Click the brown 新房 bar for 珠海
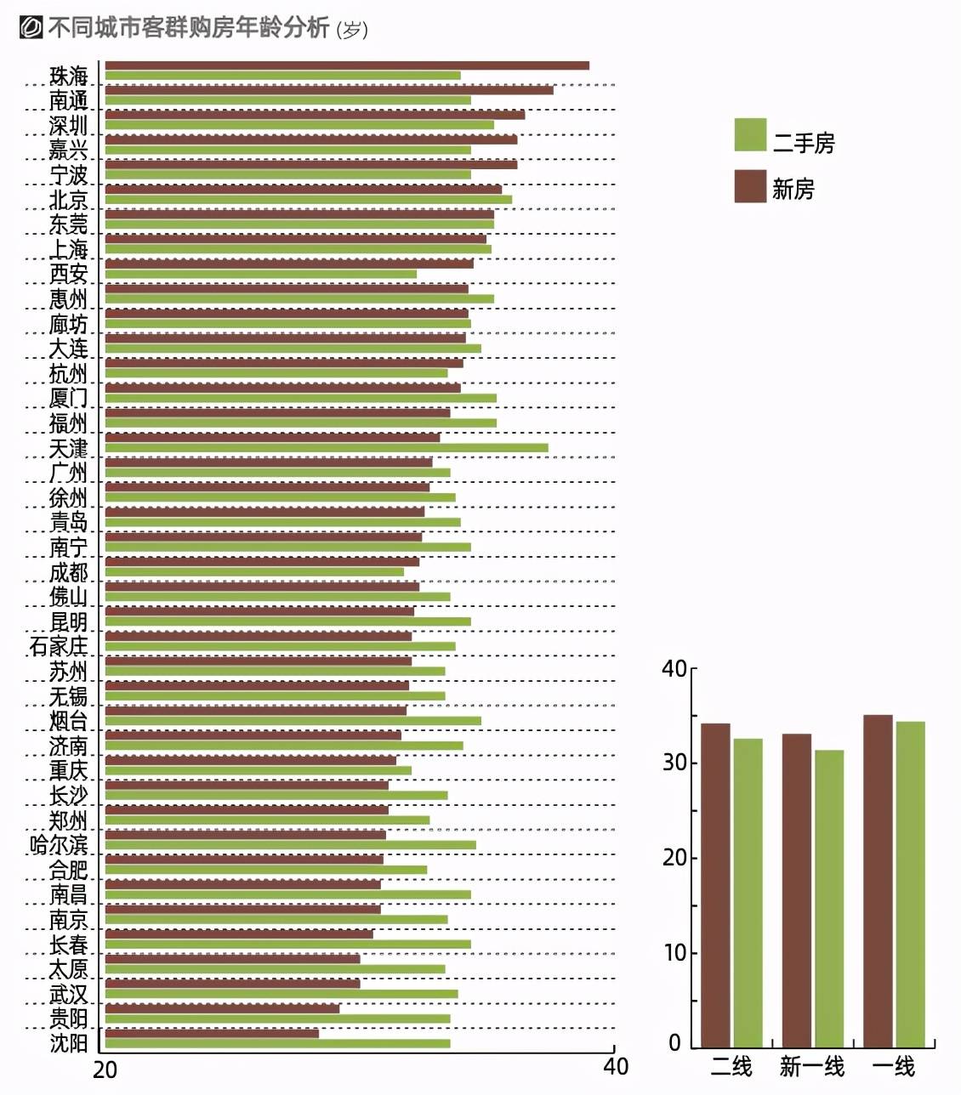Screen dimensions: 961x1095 click(x=347, y=66)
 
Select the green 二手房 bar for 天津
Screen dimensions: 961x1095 click(x=326, y=447)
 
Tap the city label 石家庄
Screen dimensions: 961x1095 click(x=59, y=646)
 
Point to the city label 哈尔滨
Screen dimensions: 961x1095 click(x=59, y=845)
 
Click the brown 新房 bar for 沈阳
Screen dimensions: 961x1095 click(x=212, y=1034)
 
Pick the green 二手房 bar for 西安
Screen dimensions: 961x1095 click(x=261, y=274)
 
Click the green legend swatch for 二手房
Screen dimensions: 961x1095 click(x=750, y=134)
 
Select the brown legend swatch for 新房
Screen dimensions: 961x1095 click(x=750, y=186)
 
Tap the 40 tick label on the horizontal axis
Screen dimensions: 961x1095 click(x=616, y=1066)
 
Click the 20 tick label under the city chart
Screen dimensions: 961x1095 click(x=105, y=1069)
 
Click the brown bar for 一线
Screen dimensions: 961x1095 click(x=878, y=881)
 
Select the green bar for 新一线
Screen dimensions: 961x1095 click(x=829, y=899)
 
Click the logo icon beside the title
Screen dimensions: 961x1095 click(x=31, y=27)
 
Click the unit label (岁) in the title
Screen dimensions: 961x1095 click(x=352, y=30)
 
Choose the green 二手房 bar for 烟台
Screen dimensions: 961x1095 click(x=293, y=720)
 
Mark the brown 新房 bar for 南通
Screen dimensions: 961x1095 click(x=329, y=90)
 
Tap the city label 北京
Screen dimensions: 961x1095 click(x=68, y=200)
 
